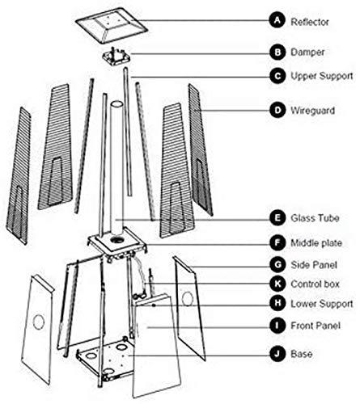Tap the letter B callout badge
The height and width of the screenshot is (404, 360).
[277, 50]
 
